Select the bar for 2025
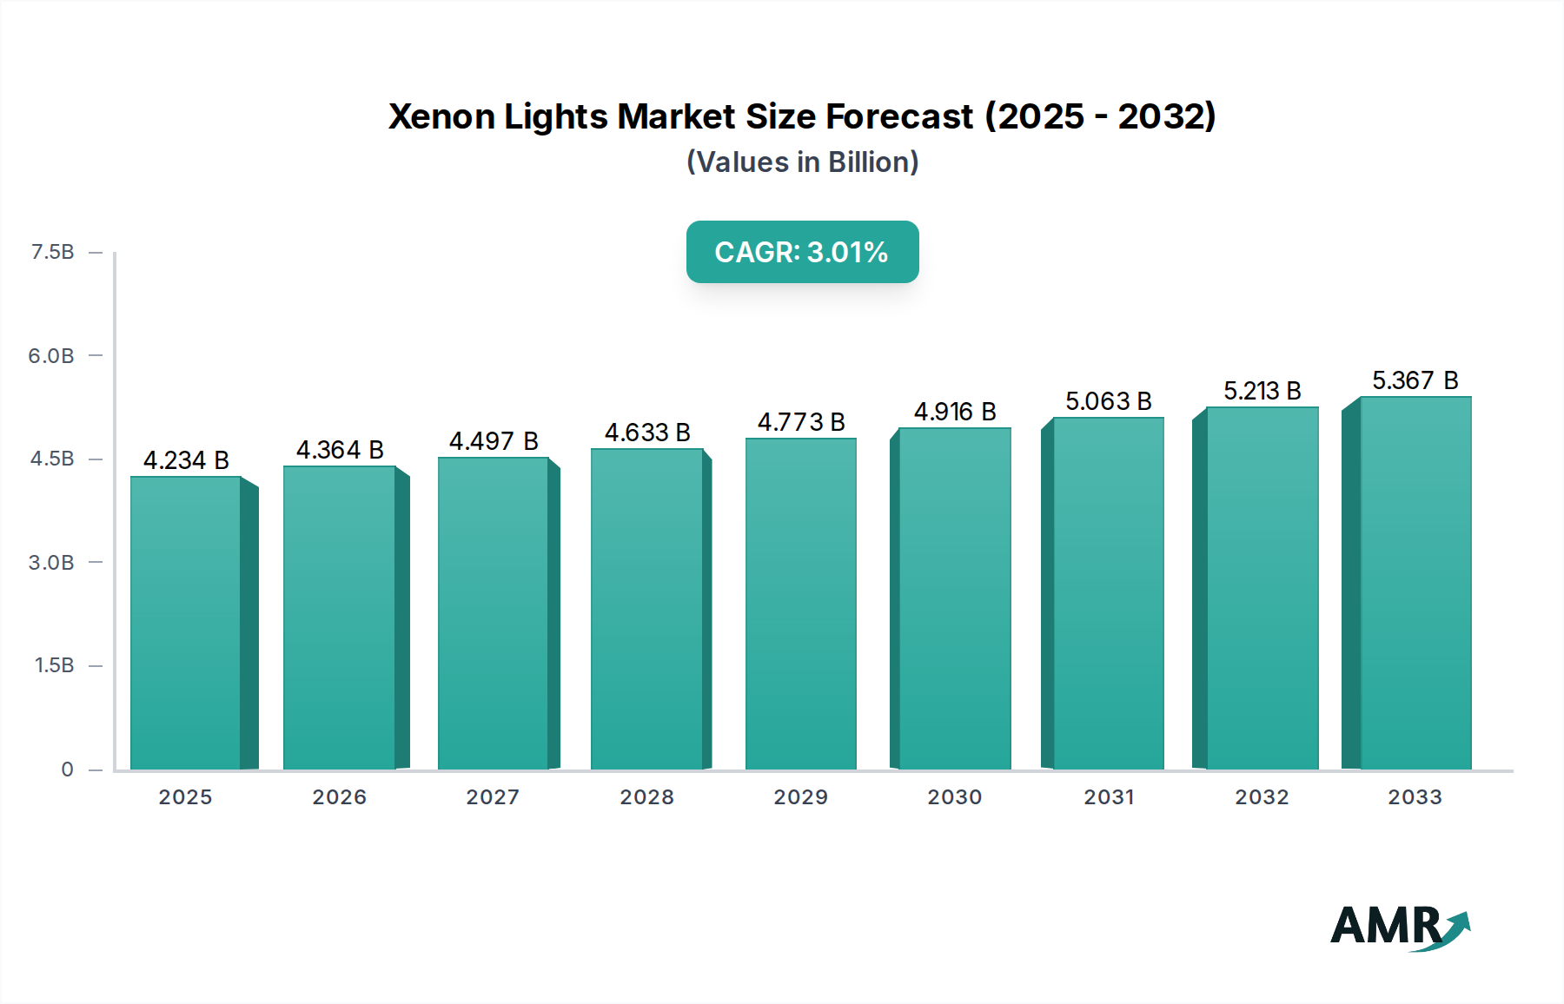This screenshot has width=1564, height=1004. pos(185,623)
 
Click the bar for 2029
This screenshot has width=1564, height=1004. pos(800,604)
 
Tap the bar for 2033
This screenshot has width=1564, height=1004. pos(1415,583)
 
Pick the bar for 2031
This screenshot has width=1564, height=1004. pos(1108,593)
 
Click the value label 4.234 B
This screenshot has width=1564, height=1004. pos(186,460)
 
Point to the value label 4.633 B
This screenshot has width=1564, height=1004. pos(647,433)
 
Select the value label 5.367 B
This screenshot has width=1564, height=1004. pos(1415,380)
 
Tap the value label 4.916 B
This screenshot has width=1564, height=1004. pos(955,412)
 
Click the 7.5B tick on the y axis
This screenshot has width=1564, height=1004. pos(52,252)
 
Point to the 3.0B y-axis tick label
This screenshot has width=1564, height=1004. pos(51,563)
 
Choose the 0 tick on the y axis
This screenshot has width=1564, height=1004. pos(67,770)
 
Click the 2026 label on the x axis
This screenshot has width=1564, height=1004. pos(339,797)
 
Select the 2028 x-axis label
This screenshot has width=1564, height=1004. pos(646,797)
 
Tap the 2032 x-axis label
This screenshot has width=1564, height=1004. pos(1262,797)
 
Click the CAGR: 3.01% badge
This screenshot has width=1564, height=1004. pos(802,252)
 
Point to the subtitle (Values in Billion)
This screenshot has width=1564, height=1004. pos(802,162)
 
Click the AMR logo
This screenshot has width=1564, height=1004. pos(1399,927)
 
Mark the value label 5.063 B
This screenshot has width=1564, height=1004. pos(1109,401)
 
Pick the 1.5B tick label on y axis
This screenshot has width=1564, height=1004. pos(54,665)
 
